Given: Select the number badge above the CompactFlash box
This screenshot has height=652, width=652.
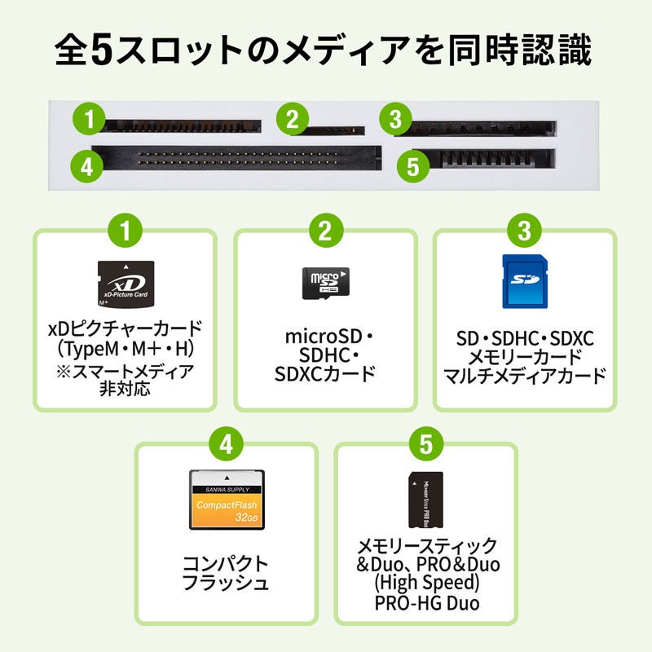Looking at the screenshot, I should tap(227, 445).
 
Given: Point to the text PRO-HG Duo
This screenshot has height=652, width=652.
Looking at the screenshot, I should tap(426, 603).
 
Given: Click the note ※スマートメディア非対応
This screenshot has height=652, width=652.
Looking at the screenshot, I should tap(124, 381).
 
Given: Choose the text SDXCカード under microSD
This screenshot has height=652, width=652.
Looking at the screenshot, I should tap(324, 375).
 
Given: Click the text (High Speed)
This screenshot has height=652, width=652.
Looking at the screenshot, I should tap(426, 584).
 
